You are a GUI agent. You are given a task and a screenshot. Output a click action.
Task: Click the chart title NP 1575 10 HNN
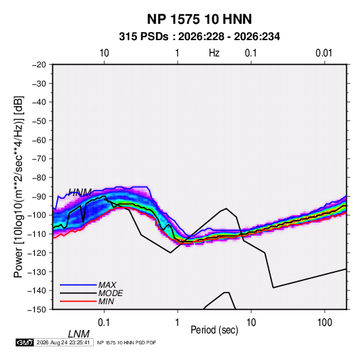click(199, 19)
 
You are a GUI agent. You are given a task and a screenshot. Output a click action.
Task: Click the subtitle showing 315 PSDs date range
click(199, 37)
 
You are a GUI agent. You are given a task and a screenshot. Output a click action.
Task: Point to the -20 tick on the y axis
click(39, 65)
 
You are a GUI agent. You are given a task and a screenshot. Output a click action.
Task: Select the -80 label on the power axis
click(39, 178)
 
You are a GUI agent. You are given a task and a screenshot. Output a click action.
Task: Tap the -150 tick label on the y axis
click(37, 310)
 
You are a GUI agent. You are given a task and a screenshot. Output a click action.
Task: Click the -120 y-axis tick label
click(37, 252)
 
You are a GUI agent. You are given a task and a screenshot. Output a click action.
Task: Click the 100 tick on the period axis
click(325, 323)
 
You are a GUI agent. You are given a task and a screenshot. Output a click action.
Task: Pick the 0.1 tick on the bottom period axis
click(104, 323)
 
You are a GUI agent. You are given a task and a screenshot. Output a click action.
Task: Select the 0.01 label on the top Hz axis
click(324, 53)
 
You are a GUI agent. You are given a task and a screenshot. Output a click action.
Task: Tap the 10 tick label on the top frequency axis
click(104, 53)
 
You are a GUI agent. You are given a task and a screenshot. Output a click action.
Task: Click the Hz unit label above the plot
click(214, 53)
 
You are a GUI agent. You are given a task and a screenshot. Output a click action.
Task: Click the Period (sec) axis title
click(214, 330)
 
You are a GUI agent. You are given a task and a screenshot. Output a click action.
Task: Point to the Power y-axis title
click(18, 186)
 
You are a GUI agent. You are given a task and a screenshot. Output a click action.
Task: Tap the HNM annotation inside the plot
click(80, 193)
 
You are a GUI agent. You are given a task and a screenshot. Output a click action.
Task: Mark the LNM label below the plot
click(79, 334)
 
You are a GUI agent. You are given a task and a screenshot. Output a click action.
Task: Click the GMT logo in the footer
click(25, 342)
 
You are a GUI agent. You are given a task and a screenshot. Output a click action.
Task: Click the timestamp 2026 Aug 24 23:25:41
click(63, 342)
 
